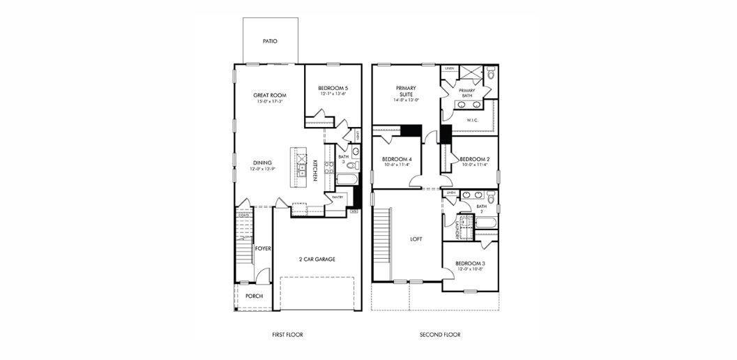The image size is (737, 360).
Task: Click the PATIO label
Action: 270,41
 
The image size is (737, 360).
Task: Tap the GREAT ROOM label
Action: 270,95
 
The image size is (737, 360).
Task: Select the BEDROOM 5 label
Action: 333,88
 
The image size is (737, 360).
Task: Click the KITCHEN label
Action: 315,171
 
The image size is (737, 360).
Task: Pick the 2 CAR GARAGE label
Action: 317,259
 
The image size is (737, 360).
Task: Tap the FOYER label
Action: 263,248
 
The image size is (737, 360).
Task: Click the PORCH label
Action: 254,296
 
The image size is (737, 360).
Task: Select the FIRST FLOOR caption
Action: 287,335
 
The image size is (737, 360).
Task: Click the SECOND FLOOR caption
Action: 440,335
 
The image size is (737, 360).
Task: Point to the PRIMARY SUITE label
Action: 406,91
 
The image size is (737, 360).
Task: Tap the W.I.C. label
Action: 472,119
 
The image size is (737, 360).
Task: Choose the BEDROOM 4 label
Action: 397,159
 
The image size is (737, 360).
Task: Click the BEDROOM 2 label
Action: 475,159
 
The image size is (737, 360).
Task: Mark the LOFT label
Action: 416,239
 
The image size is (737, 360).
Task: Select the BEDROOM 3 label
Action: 471,263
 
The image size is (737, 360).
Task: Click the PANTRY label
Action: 337,197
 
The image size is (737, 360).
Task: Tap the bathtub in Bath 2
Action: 485,223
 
